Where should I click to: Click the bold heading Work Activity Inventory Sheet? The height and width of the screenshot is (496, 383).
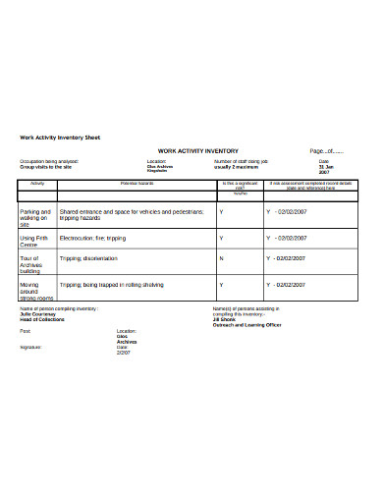click(60, 137)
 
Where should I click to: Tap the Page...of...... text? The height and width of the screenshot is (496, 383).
click(327, 151)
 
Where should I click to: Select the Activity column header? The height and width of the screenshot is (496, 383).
click(37, 184)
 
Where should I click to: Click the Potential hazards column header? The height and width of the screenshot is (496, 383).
click(137, 184)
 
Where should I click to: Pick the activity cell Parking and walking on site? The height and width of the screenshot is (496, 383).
click(35, 217)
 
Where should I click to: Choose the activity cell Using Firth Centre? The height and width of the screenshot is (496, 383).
click(34, 241)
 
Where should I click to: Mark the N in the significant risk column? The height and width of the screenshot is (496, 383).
click(221, 258)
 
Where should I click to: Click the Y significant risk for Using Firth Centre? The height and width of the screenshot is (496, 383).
click(221, 238)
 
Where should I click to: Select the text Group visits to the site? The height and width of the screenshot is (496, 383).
click(46, 167)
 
